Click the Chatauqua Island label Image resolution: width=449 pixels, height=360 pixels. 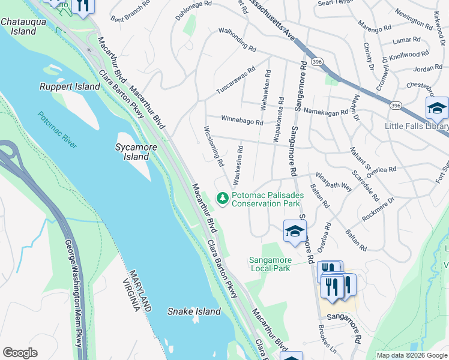click(x=19, y=26)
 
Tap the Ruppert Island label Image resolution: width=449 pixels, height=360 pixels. click(x=70, y=86)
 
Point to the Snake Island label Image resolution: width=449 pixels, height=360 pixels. click(x=194, y=311)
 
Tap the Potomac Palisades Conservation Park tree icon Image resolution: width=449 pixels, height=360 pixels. click(x=223, y=197)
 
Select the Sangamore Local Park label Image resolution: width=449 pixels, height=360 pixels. click(x=270, y=264)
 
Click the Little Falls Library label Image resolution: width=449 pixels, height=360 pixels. click(x=417, y=126)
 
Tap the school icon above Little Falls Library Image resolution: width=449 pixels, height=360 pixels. click(x=437, y=109)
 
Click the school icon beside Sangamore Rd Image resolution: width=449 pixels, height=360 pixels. click(x=295, y=232)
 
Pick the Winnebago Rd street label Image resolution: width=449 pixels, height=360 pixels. click(x=242, y=120)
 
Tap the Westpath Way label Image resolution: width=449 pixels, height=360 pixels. click(x=334, y=182)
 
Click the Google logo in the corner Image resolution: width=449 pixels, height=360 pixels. click(x=19, y=353)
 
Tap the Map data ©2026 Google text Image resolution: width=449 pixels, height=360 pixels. click(x=411, y=355)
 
